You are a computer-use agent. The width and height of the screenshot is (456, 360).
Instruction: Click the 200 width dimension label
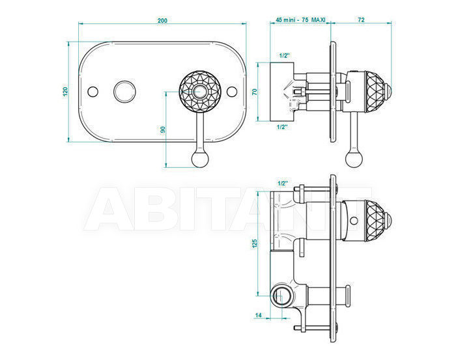(162, 21)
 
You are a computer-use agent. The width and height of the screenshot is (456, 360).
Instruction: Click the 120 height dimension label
(65, 92)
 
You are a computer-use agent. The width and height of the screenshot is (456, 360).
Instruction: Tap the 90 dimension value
(163, 130)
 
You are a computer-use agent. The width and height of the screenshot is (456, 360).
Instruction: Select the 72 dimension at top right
(361, 20)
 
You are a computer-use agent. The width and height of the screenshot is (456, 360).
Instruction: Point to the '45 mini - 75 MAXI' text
(300, 20)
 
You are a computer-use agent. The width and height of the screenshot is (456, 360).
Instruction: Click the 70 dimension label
(255, 92)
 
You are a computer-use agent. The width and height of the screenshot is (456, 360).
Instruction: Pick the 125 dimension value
(255, 243)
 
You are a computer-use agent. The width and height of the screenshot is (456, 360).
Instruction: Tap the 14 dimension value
(258, 315)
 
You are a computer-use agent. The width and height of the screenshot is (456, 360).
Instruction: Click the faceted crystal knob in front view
(200, 91)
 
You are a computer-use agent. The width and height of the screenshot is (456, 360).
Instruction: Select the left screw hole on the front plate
(93, 91)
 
